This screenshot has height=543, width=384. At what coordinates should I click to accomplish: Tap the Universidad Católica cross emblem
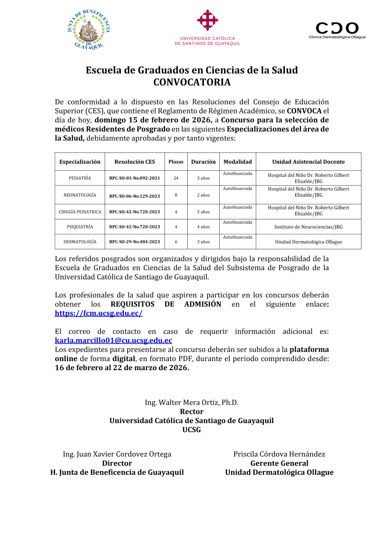208,20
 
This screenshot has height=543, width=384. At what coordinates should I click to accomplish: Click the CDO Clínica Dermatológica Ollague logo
337,30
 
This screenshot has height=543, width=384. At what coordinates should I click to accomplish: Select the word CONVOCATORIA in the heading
192,82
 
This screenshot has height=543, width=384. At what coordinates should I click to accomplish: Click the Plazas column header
176,162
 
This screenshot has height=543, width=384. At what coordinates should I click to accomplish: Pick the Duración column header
203,162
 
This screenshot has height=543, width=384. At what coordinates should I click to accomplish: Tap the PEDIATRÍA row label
80,178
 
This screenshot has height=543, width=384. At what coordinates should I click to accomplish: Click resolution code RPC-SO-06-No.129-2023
135,195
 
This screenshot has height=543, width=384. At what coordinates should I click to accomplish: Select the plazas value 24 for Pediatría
176,178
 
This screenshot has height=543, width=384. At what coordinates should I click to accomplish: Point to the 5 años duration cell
203,212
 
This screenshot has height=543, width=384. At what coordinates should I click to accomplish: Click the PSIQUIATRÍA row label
80,227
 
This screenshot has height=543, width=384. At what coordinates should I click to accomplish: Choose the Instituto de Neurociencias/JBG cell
308,227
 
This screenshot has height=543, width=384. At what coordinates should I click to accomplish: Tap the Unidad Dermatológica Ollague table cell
308,242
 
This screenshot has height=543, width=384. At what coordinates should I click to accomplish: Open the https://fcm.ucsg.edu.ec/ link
99,313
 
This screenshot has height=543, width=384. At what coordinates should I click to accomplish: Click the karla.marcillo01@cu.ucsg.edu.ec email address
114,341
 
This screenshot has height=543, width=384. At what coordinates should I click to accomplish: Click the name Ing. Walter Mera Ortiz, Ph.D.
191,402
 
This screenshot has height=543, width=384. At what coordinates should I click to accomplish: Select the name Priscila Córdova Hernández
279,454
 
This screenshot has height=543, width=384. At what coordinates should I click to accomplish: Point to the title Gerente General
279,463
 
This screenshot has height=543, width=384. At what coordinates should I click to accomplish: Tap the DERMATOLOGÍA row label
80,242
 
